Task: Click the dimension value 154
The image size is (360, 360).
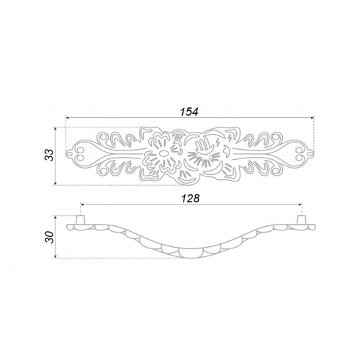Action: coord(189,112)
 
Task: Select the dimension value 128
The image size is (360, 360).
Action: coord(190,199)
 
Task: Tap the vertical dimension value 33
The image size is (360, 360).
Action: coord(49,155)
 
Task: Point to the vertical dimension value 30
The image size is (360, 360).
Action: coord(50,237)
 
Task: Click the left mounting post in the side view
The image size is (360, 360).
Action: coord(80,220)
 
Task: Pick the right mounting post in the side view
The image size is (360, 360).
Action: coord(301,220)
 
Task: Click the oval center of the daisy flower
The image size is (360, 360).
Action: coord(163,153)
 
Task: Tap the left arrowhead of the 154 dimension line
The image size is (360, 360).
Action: coord(68,118)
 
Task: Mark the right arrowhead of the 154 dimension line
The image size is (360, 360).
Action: coord(312,118)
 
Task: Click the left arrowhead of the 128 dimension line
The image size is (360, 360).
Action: coord(82,204)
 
